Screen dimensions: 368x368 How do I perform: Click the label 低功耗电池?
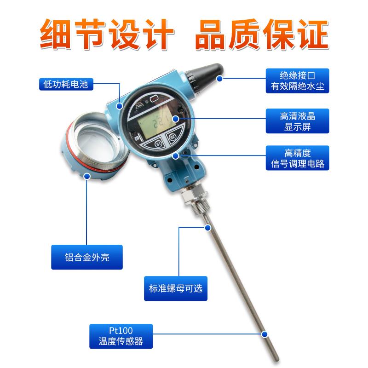pos(66,84)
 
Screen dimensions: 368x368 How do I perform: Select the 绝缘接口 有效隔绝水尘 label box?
pos(297,81)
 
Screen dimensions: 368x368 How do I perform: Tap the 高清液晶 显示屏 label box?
pos(297,121)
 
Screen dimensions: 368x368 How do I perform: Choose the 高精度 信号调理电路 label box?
pos(297,158)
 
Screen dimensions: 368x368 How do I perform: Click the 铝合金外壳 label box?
pos(87,257)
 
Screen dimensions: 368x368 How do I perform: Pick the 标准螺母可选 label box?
pos(176,288)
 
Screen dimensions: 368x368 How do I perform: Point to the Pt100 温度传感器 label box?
pos(121,336)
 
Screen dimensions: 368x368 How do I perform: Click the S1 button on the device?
pos(158,144)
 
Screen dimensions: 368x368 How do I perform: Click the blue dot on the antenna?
pos(219,79)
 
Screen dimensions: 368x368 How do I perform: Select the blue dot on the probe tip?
pos(264,334)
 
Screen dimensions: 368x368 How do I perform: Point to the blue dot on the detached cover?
pos(87,176)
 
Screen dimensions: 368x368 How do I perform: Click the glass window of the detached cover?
pos(96,143)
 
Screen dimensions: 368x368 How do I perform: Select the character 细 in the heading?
pos(55,34)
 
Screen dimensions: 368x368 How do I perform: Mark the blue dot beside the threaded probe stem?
pos(208,227)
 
